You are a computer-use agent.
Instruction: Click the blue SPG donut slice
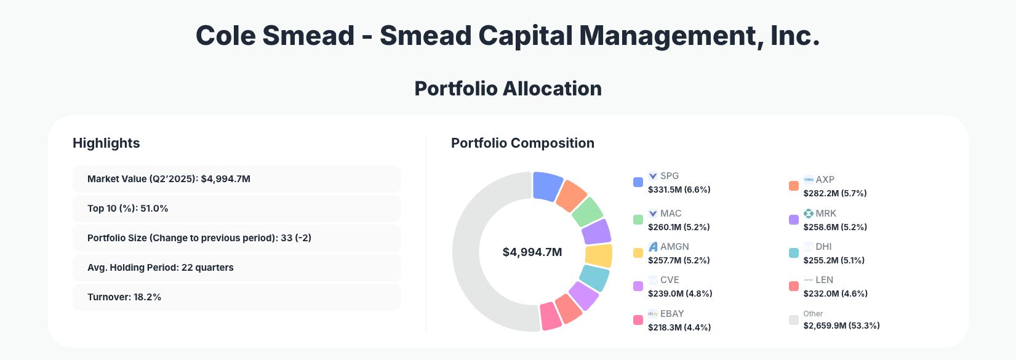546,186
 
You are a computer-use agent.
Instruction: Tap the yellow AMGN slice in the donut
599,255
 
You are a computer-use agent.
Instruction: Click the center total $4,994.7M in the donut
532,252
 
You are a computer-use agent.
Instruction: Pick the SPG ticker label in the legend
670,176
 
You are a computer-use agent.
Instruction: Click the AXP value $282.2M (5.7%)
834,193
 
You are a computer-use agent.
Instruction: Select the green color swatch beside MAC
638,220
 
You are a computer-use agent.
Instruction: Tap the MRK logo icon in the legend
809,214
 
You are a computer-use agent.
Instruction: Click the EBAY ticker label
672,314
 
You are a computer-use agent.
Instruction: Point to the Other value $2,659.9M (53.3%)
841,326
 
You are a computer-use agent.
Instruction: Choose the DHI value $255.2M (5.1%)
833,260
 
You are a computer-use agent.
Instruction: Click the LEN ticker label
824,280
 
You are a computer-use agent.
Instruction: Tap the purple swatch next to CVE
638,287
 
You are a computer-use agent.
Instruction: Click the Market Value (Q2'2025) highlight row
236,179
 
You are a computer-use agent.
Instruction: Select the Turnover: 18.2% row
236,297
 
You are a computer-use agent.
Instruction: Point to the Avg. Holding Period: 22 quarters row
236,268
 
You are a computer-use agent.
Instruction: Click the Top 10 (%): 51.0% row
236,209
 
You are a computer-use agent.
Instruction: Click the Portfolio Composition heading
522,143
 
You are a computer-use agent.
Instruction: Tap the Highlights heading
106,143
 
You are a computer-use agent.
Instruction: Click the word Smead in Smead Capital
425,36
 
